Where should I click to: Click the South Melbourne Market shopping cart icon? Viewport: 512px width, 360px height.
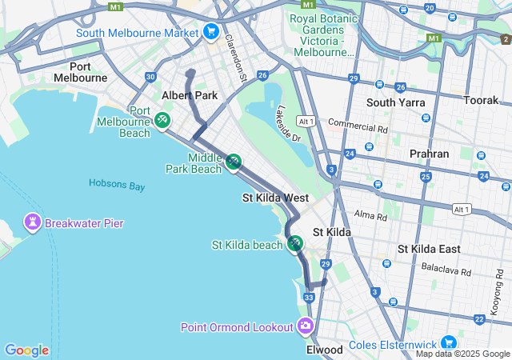(x=210, y=32)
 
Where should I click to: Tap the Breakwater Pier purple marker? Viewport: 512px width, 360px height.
(x=33, y=221)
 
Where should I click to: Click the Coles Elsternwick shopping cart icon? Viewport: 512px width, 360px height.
(x=447, y=342)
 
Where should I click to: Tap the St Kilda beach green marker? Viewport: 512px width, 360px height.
(x=295, y=243)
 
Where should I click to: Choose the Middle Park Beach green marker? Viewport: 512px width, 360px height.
(x=233, y=162)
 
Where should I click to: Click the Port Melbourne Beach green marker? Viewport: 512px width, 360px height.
(x=162, y=120)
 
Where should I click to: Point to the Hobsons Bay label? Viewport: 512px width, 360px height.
(x=116, y=184)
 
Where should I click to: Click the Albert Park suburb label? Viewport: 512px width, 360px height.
(x=190, y=95)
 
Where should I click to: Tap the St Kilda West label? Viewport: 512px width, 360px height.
(x=275, y=198)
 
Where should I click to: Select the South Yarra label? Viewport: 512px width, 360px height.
(x=393, y=102)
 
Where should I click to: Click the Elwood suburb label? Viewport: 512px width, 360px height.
(x=325, y=350)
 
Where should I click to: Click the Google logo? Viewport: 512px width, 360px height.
(x=26, y=350)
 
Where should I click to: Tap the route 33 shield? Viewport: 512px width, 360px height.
(x=309, y=298)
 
